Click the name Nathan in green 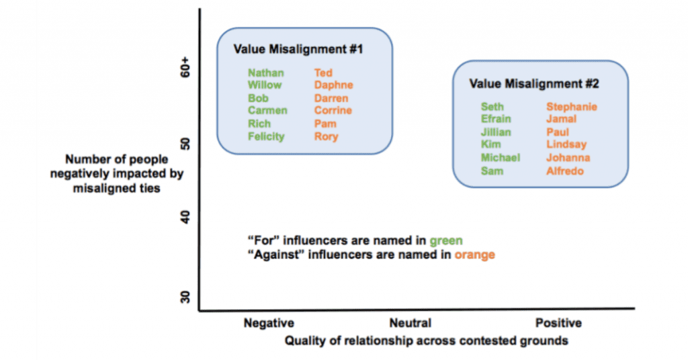tap(265, 73)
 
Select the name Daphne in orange tap(333, 85)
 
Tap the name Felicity tap(266, 136)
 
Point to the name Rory tap(326, 136)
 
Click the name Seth tap(492, 106)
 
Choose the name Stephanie tap(572, 106)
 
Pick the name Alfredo tap(565, 171)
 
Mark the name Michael tap(501, 158)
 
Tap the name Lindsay tap(566, 144)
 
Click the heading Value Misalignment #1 tap(302, 49)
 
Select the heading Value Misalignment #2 tap(534, 84)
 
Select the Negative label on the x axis tap(269, 323)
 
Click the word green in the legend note tap(446, 240)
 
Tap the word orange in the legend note tap(474, 255)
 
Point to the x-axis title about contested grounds tap(426, 341)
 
